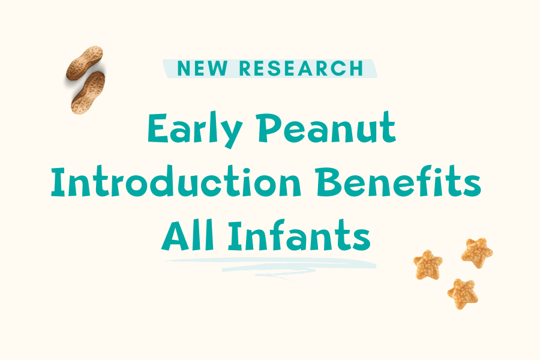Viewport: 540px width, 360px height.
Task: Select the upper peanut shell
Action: (85, 64)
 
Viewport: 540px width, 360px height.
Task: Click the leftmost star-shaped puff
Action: (428, 265)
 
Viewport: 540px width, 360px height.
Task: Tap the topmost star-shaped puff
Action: (477, 251)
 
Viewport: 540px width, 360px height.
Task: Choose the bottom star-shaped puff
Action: (461, 293)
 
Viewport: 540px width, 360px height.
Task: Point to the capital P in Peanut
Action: (294, 128)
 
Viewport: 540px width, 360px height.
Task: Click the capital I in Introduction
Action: (59, 183)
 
